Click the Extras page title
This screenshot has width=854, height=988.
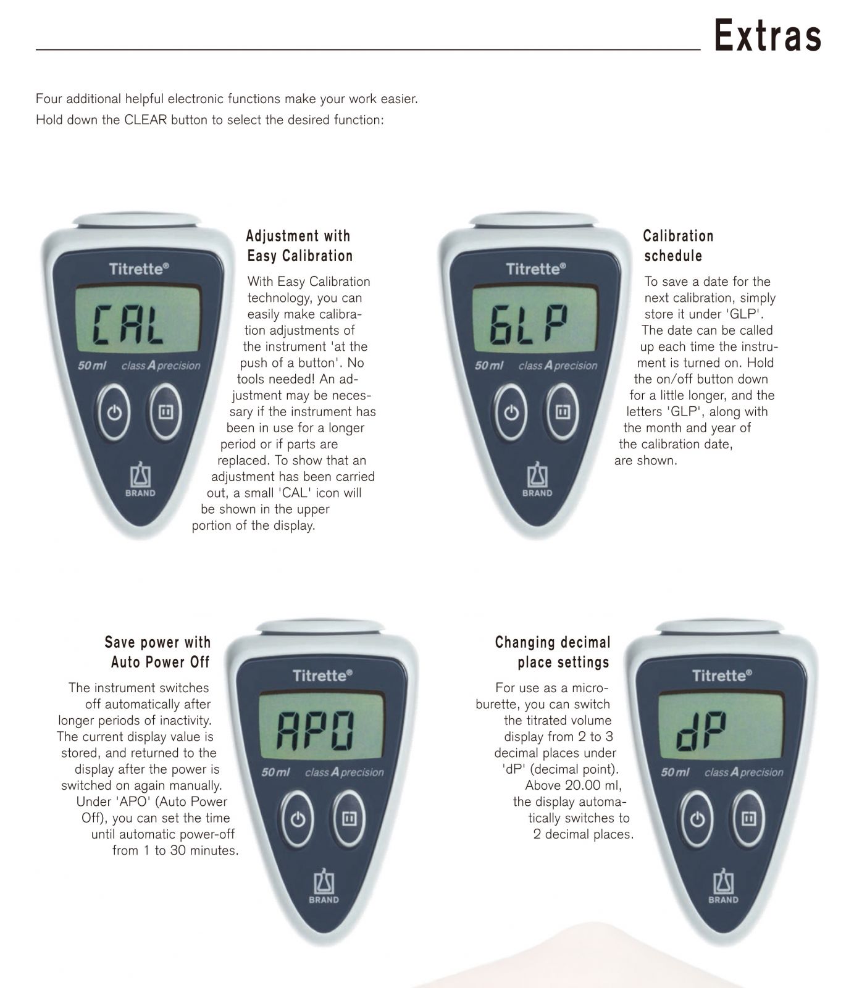[768, 35]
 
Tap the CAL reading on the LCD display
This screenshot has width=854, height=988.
[128, 325]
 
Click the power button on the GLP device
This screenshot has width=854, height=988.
[511, 412]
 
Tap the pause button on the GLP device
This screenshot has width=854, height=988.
[562, 412]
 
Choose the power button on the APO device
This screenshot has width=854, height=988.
[298, 819]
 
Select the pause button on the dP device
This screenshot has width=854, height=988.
[748, 819]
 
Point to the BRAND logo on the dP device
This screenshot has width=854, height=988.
[723, 886]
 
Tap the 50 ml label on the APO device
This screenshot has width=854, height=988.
[275, 772]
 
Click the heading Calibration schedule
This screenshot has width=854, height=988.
[677, 246]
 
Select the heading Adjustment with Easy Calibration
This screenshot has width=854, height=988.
[299, 246]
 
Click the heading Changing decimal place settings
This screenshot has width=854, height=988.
[553, 652]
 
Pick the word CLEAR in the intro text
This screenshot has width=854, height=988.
[146, 120]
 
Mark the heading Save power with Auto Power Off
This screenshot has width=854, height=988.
[158, 652]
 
